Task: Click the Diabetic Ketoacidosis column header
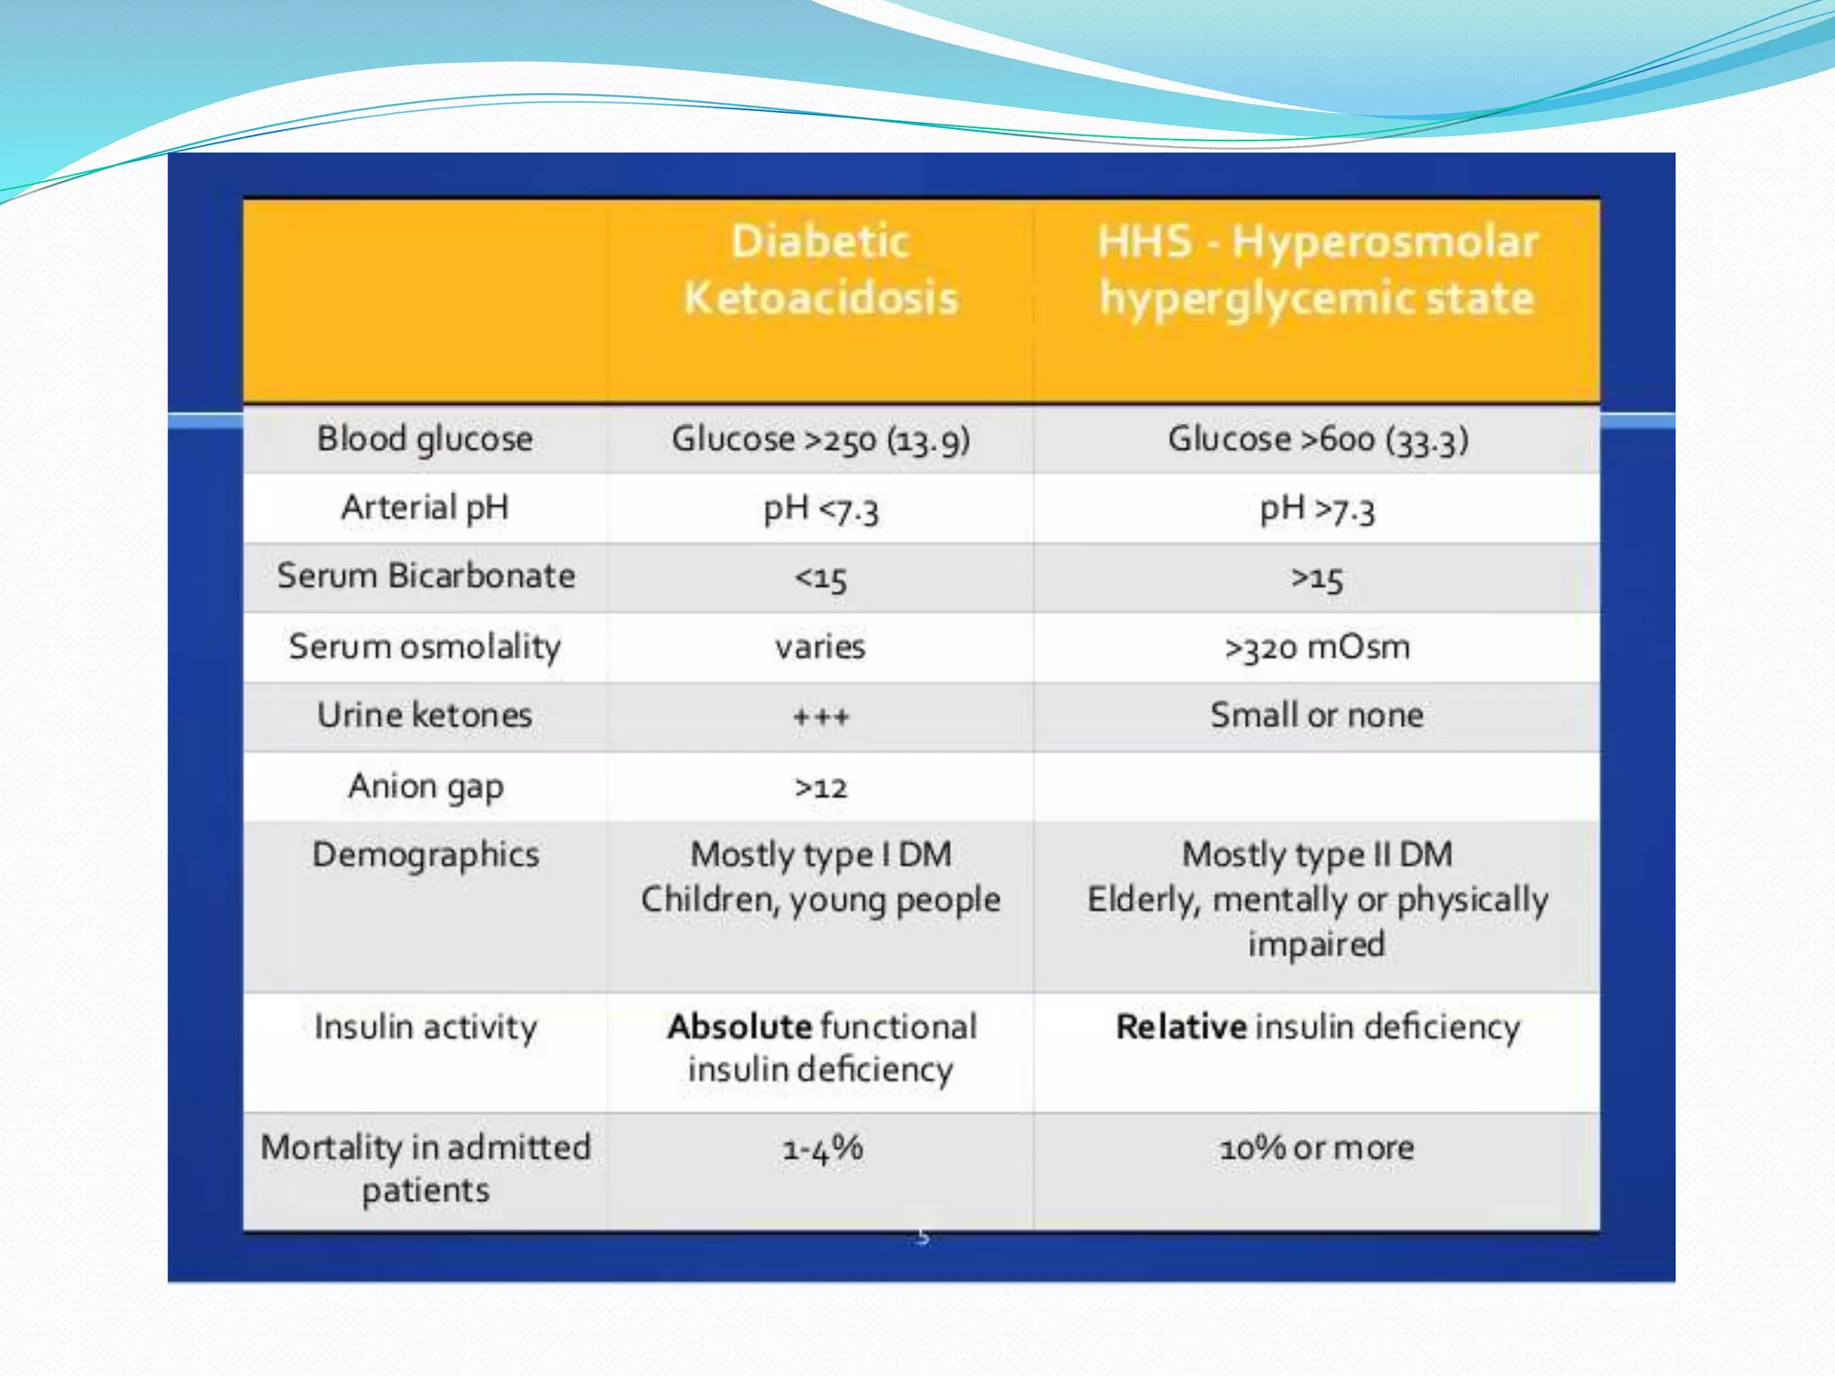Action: point(821,270)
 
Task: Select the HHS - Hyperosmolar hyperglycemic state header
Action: point(1317,270)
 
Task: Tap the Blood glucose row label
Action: point(425,440)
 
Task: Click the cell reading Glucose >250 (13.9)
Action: point(821,440)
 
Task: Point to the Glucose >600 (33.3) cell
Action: point(1317,440)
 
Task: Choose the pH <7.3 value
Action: point(821,509)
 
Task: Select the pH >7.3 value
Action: point(1317,509)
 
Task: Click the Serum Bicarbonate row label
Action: point(426,576)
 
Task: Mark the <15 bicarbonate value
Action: point(821,579)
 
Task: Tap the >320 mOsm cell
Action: point(1317,647)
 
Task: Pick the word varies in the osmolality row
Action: point(821,647)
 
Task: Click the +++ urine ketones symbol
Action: point(821,717)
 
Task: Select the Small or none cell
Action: point(1317,715)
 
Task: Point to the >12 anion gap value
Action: point(821,787)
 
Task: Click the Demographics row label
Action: point(426,856)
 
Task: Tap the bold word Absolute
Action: point(739,1027)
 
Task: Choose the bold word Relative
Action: point(1181,1027)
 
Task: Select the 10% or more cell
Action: point(1317,1148)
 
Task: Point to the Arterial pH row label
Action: point(425,508)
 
